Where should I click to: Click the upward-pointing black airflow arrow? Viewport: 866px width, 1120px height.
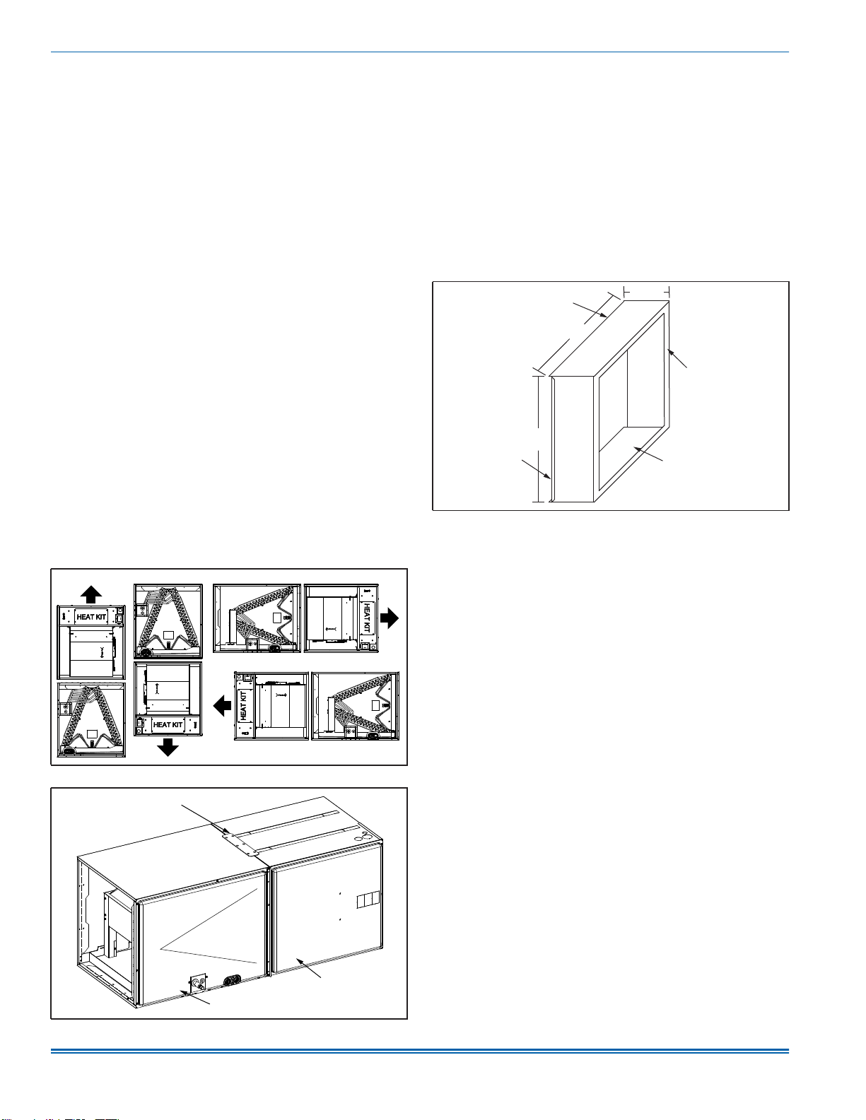91,594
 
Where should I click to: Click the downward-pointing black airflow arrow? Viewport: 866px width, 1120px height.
168,747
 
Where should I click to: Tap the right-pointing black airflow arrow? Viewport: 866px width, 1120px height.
390,618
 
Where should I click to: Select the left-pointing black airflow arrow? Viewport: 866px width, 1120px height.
222,706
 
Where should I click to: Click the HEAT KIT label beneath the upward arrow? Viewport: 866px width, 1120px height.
91,617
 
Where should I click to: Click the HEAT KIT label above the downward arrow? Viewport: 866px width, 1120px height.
168,725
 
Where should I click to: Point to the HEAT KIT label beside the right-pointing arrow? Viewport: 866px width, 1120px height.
366,618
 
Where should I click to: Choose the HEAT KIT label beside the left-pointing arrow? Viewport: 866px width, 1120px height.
243,706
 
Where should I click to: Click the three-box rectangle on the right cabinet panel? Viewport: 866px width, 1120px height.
368,900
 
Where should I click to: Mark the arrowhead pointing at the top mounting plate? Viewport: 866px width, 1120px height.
228,830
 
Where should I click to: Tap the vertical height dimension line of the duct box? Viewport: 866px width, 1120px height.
539,439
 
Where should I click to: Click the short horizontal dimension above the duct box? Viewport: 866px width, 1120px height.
646,292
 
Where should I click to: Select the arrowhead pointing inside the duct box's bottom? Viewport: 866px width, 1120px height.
638,449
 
